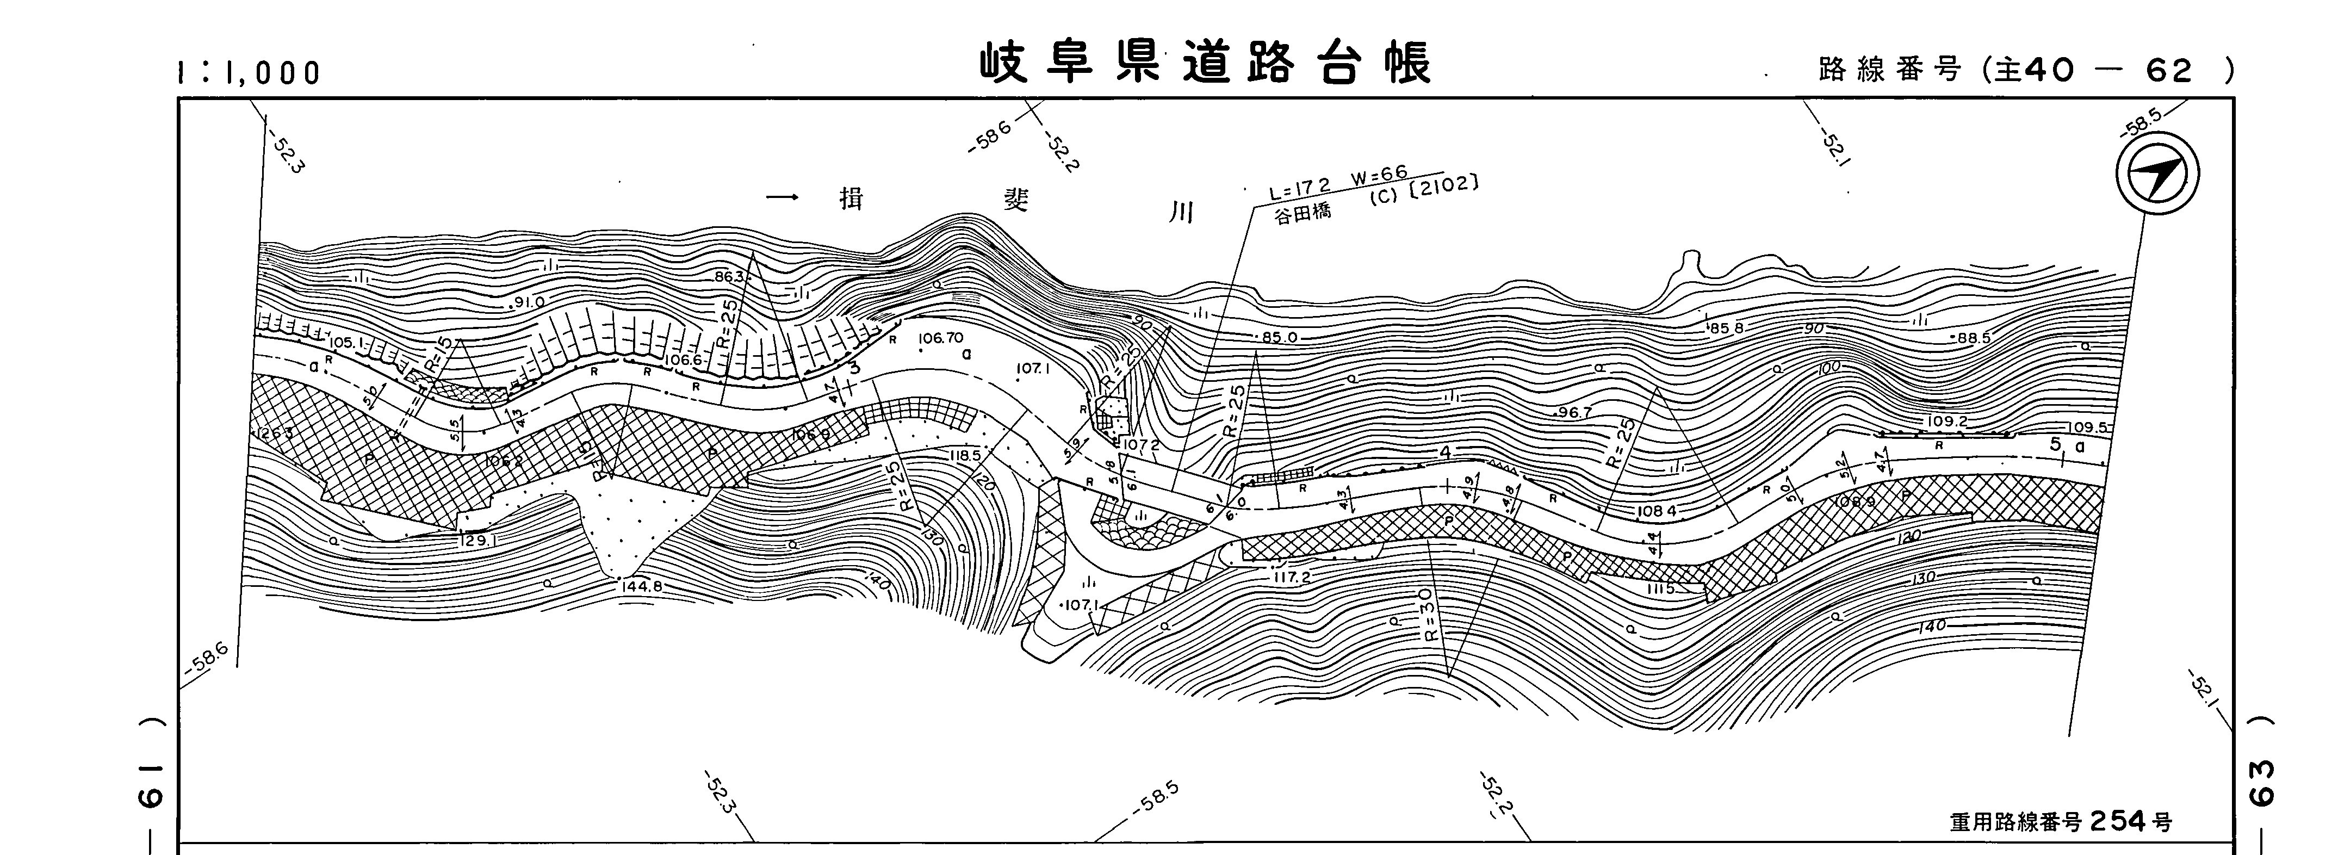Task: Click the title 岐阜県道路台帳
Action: [x=1205, y=64]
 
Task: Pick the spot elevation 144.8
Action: [x=643, y=586]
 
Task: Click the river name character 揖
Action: [x=851, y=199]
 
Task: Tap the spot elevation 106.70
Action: [x=940, y=338]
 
